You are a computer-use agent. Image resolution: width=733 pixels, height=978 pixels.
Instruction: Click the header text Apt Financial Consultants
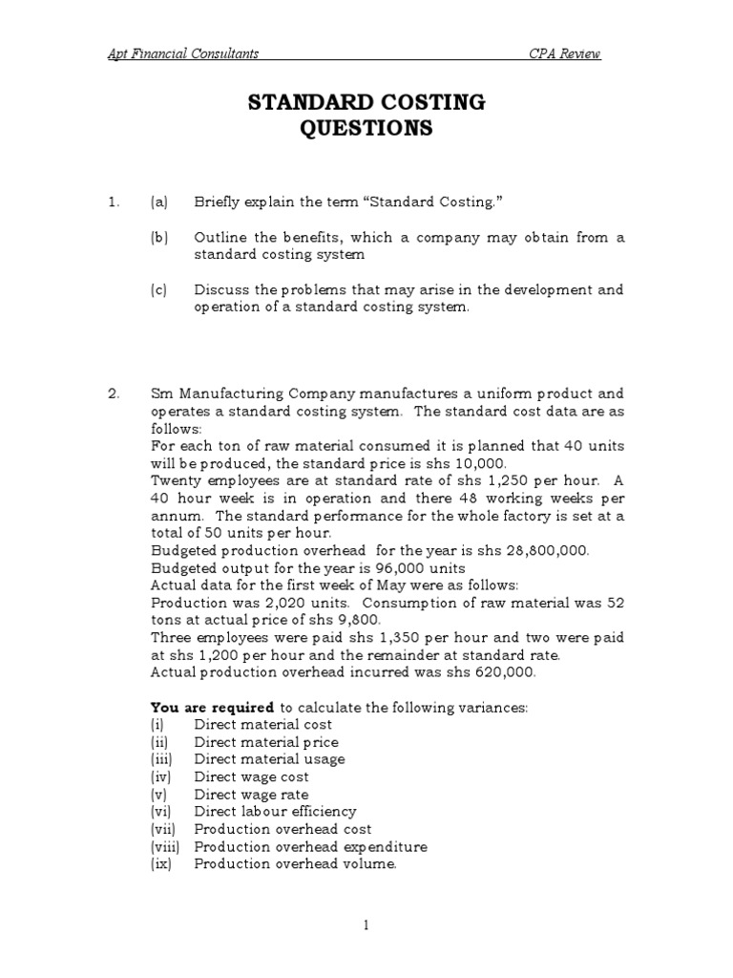tap(182, 53)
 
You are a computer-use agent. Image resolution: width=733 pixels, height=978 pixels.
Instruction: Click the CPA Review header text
tap(565, 53)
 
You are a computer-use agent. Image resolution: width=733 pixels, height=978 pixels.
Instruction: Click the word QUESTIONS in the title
tap(366, 129)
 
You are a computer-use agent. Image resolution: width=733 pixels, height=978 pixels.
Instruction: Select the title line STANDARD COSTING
tap(366, 103)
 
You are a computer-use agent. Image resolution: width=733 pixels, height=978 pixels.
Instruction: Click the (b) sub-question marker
tap(158, 238)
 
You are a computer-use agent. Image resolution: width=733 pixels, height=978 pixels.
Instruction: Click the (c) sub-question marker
tap(158, 289)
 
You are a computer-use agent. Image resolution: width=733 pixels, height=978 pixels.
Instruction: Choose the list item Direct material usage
tap(270, 759)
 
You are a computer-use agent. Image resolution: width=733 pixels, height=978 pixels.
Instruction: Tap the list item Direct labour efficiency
tap(276, 812)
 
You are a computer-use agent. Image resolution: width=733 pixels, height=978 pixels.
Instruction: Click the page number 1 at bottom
tap(366, 925)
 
